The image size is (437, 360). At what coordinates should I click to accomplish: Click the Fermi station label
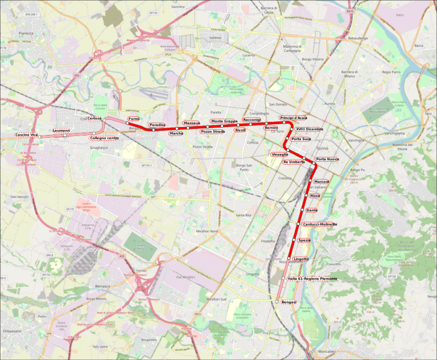pyautogui.click(x=134, y=118)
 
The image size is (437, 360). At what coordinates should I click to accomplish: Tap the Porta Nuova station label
pyautogui.click(x=327, y=159)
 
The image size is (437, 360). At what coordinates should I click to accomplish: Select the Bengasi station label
pyautogui.click(x=289, y=301)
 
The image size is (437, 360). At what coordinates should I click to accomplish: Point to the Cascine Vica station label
pyautogui.click(x=26, y=134)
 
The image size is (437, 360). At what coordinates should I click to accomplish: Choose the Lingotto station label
pyautogui.click(x=301, y=259)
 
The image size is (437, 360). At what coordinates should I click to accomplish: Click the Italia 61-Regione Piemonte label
pyautogui.click(x=312, y=279)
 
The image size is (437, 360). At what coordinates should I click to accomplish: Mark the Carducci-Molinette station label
pyautogui.click(x=320, y=224)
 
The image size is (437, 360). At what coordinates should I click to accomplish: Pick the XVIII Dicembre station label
pyautogui.click(x=310, y=129)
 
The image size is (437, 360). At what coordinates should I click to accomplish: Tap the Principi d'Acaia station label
pyautogui.click(x=293, y=118)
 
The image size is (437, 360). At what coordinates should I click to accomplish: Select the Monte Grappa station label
pyautogui.click(x=224, y=121)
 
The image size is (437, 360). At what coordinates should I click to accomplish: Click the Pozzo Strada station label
pyautogui.click(x=213, y=132)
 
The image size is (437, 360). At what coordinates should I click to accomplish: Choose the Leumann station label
pyautogui.click(x=61, y=131)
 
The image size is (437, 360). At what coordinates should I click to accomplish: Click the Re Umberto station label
pyautogui.click(x=294, y=162)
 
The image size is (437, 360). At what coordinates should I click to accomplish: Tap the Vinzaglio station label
pyautogui.click(x=279, y=154)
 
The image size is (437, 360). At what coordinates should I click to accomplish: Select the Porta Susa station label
pyautogui.click(x=300, y=139)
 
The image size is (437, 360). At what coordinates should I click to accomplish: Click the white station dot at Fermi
pyautogui.click(x=127, y=123)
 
